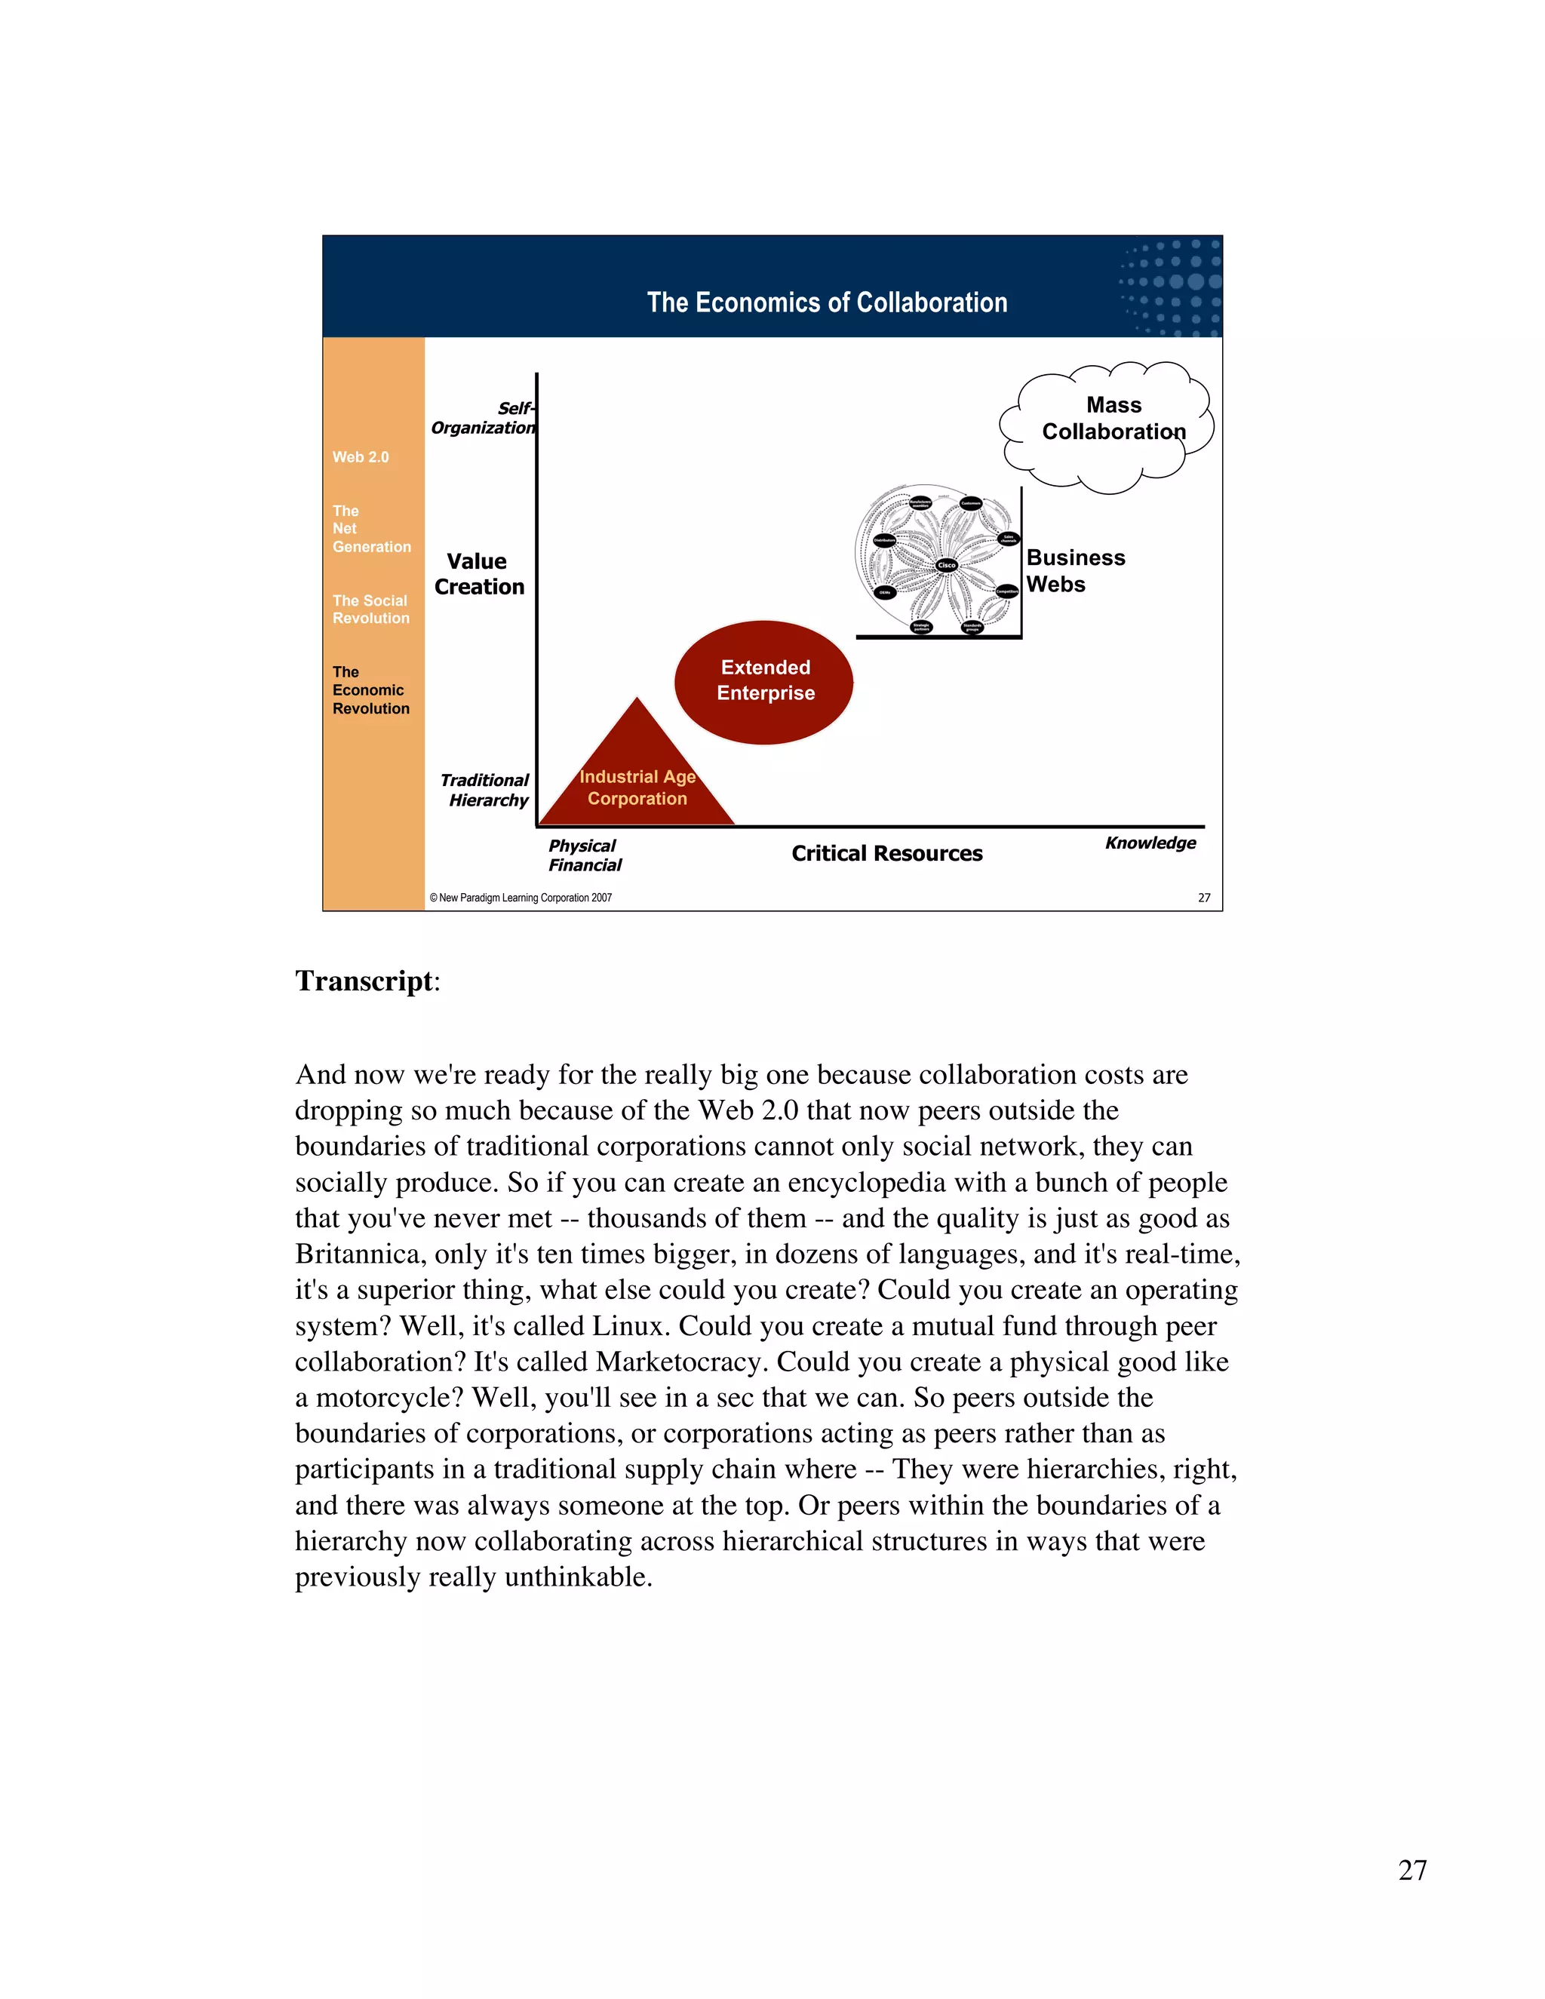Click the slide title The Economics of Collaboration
pos(827,303)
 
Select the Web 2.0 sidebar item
pos(361,456)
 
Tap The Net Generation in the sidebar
pos(370,529)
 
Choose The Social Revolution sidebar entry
pos(370,610)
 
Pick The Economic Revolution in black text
pos(370,690)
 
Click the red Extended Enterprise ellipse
pos(764,681)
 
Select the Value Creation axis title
pos(479,574)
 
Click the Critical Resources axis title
pos(886,853)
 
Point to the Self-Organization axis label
pos(484,419)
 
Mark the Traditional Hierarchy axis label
pos(486,790)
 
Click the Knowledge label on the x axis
pos(1150,843)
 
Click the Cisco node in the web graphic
pos(947,565)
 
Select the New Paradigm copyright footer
pos(520,898)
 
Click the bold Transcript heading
pos(364,981)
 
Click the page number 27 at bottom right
pos(1412,1870)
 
